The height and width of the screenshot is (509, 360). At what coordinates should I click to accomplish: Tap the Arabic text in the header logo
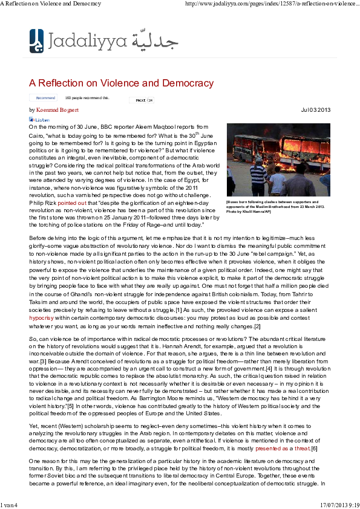[157, 41]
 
